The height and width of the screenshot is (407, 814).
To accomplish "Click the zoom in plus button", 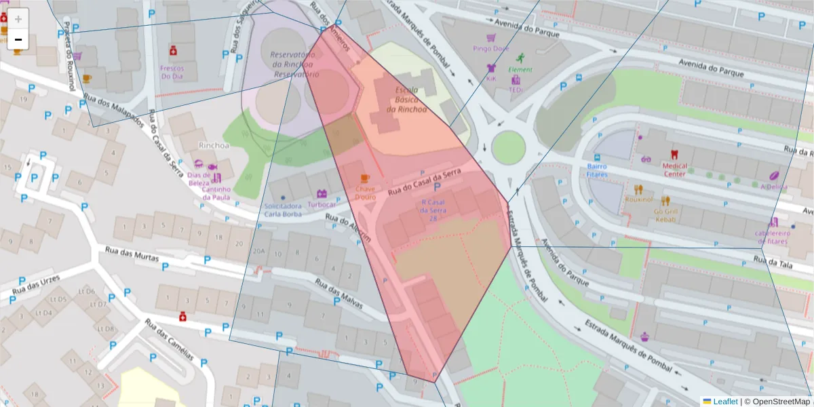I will (x=18, y=18).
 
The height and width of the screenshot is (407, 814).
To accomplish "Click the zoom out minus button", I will (x=18, y=39).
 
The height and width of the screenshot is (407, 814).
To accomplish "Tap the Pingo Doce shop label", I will (x=491, y=48).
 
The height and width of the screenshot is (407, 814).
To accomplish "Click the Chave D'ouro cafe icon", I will (x=366, y=178).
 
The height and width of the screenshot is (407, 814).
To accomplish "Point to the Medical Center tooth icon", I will (x=674, y=154).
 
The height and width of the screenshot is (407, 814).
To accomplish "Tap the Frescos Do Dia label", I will (x=172, y=72).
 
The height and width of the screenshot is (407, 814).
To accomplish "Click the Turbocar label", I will (x=322, y=204).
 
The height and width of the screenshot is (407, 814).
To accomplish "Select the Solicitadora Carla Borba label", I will (x=283, y=210).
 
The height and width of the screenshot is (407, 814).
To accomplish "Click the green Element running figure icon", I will (x=521, y=58).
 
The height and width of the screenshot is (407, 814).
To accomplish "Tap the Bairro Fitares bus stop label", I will (x=597, y=170).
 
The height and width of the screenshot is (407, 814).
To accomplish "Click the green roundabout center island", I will (x=509, y=147).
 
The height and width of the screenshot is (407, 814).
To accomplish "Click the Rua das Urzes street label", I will (x=35, y=288).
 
